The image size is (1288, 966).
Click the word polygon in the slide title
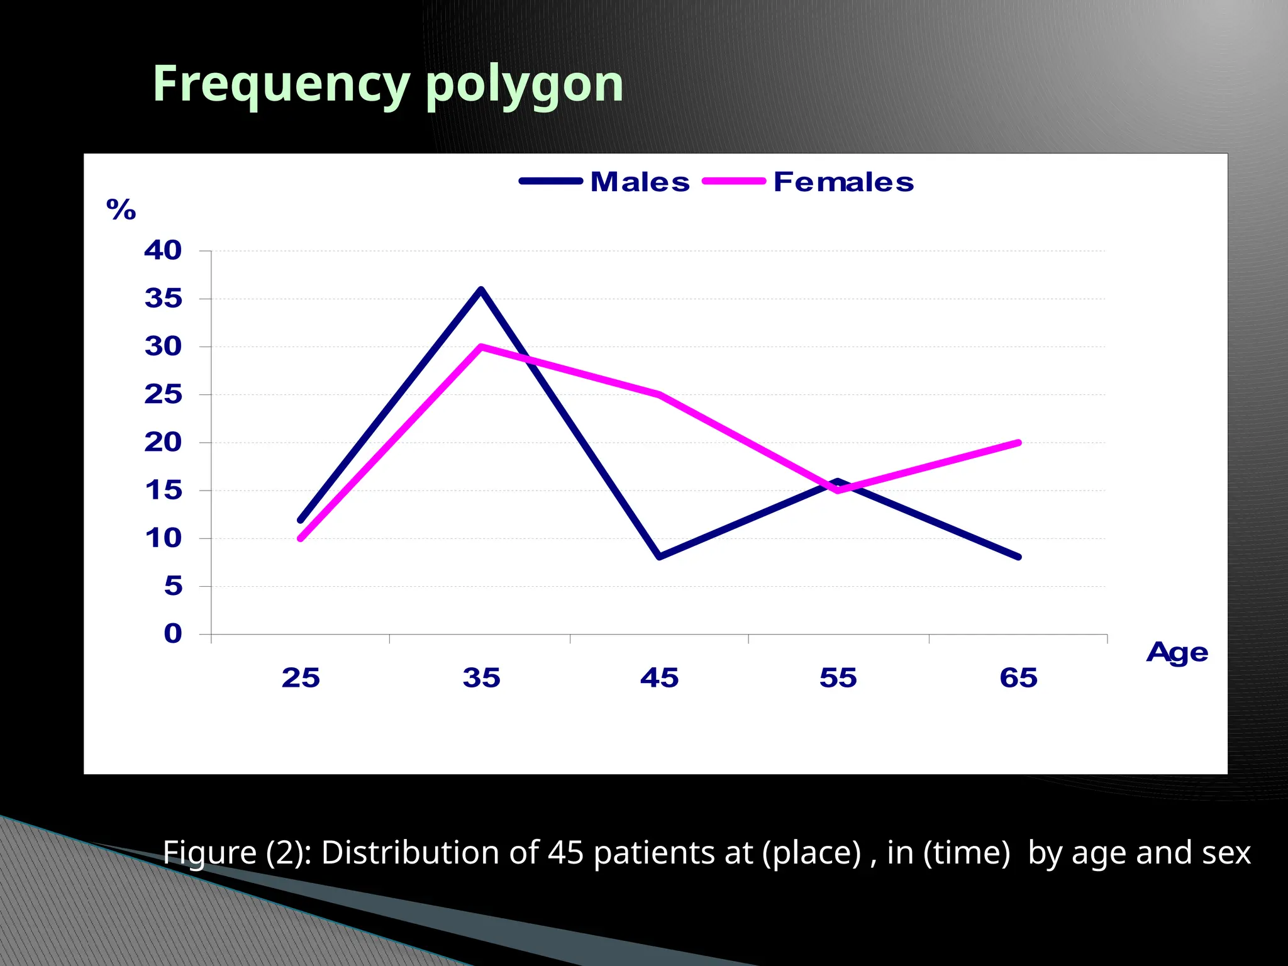pos(524,84)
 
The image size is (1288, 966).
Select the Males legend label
pos(640,182)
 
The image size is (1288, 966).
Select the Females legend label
pos(843,182)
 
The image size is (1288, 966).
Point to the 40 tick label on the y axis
pos(163,250)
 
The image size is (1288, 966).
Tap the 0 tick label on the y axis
pos(173,633)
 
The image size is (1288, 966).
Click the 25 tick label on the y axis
pos(163,394)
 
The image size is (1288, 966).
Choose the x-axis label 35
pos(481,678)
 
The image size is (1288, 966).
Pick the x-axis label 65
pos(1018,678)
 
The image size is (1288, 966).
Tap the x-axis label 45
pos(659,678)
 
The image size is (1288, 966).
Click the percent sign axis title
pos(121,209)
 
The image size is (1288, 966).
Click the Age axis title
pos(1177,653)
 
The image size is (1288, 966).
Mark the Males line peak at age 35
pos(481,290)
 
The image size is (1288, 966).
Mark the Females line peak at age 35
pos(481,347)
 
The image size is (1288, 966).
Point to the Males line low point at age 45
pos(659,557)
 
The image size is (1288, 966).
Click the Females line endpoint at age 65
pos(1018,443)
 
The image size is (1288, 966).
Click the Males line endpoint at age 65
pos(1018,557)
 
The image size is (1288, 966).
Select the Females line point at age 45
pos(659,395)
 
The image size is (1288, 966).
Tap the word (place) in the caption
pos(811,853)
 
